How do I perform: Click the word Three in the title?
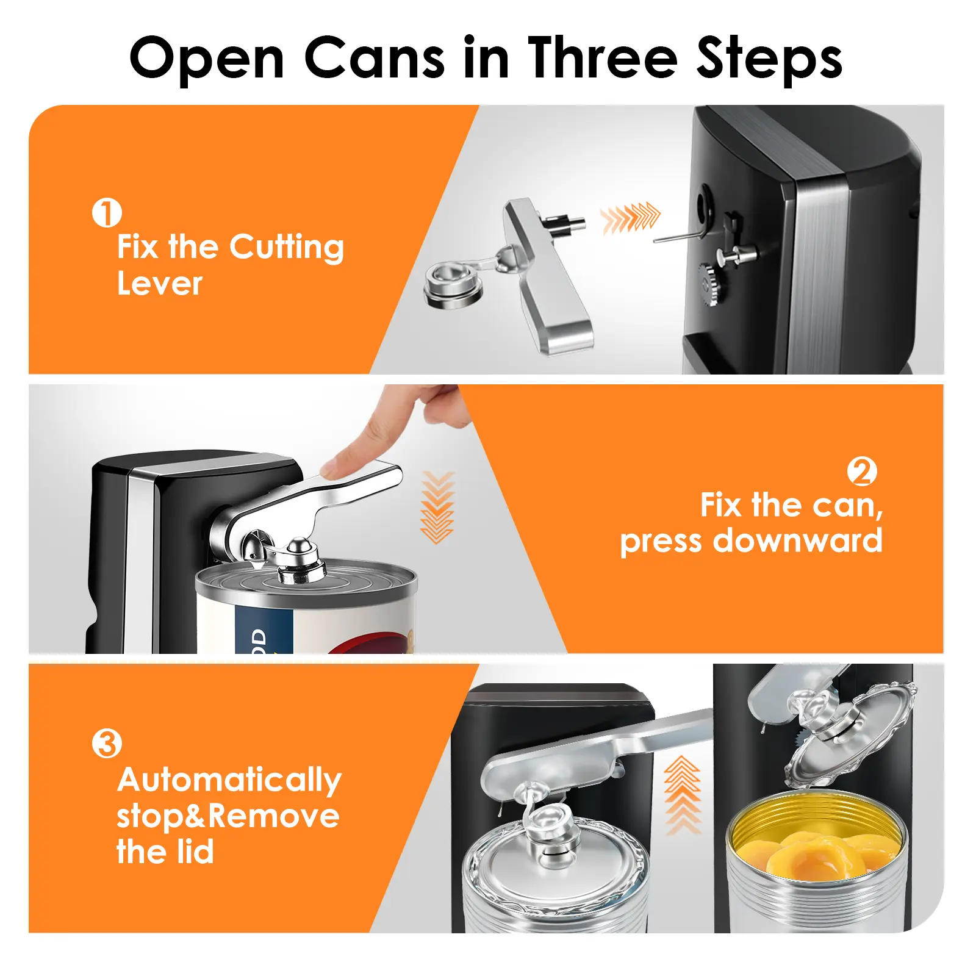tap(603, 58)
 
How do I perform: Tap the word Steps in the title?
tap(770, 59)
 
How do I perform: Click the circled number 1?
tap(107, 212)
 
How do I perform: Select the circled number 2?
tap(862, 472)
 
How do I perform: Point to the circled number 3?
tap(107, 744)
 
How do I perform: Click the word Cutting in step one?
tap(286, 248)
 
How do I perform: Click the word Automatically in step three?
tap(229, 781)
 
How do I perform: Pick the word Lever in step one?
tap(159, 284)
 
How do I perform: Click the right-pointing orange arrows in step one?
tap(630, 218)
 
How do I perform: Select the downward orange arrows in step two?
tap(437, 507)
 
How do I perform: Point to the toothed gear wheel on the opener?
tap(711, 284)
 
